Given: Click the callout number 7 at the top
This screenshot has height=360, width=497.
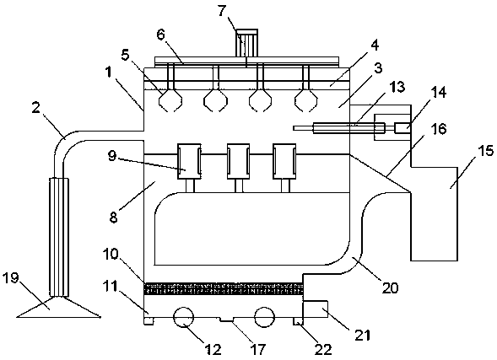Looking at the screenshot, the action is (x=222, y=11).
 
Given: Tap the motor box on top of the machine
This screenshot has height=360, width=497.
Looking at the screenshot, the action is (x=246, y=43).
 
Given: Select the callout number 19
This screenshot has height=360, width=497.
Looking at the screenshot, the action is (x=10, y=278).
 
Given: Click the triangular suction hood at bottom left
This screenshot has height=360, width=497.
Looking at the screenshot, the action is (x=58, y=307).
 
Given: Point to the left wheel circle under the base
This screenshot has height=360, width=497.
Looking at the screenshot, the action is (x=183, y=317).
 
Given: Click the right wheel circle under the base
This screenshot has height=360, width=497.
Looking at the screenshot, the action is (x=264, y=317).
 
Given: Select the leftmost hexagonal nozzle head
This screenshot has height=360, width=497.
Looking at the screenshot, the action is (x=170, y=100).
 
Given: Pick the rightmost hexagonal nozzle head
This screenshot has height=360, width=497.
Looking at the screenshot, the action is (x=305, y=100).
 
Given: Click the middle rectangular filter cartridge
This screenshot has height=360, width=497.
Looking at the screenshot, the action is (x=238, y=161).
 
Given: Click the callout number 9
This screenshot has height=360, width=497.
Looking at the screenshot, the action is (x=112, y=155).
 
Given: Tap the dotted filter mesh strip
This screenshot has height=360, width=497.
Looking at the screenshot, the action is (x=224, y=289).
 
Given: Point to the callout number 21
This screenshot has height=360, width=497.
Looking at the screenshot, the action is (x=362, y=335).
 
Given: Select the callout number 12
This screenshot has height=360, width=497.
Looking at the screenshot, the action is (x=213, y=349).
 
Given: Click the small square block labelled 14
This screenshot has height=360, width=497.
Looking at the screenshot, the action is (x=402, y=128).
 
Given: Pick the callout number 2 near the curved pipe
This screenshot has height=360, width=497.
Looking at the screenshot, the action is (x=35, y=108).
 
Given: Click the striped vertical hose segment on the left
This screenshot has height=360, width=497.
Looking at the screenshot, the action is (x=59, y=237).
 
